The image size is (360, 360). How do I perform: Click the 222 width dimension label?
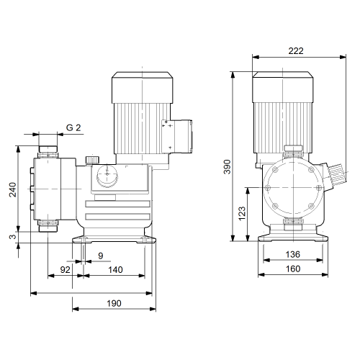coord(296,51)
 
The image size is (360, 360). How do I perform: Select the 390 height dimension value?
coord(227,166)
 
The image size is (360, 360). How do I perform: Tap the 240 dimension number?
coord(13,189)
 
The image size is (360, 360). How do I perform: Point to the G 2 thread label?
coord(73,127)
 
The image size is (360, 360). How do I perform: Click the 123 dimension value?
coord(242,213)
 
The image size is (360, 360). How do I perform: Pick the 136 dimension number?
coord(293,254)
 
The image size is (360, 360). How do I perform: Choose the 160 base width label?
coord(293,269)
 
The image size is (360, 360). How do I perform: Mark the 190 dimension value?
coord(114,303)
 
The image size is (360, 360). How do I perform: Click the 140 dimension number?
coord(115,270)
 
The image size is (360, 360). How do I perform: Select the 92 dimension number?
coord(65,270)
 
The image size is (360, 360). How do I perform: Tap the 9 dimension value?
coord(101,256)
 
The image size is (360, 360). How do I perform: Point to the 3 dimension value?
coord(13,236)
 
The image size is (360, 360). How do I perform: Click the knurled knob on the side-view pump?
coord(92,160)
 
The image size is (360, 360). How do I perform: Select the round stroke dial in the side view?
coord(107,176)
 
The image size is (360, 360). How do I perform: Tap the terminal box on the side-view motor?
coord(177,136)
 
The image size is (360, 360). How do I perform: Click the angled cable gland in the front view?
coord(336,175)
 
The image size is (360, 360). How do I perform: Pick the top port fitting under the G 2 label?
coord(48,152)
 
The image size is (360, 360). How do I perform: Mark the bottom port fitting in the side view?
coord(48,226)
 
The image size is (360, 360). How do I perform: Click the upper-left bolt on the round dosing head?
coord(275,170)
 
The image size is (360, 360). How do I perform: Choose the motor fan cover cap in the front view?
coord(283,87)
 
